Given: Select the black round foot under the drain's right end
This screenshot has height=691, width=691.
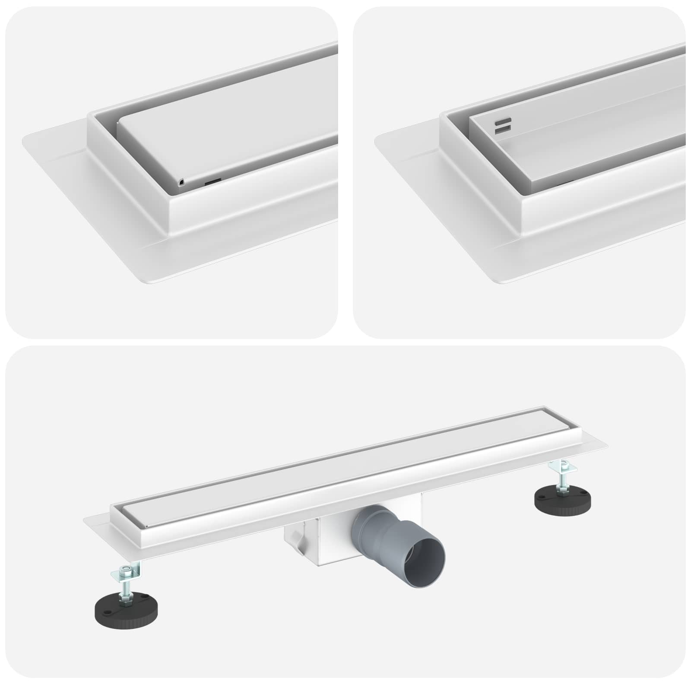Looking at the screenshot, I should [562, 500].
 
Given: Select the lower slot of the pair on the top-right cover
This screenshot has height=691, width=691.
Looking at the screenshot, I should [504, 128].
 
